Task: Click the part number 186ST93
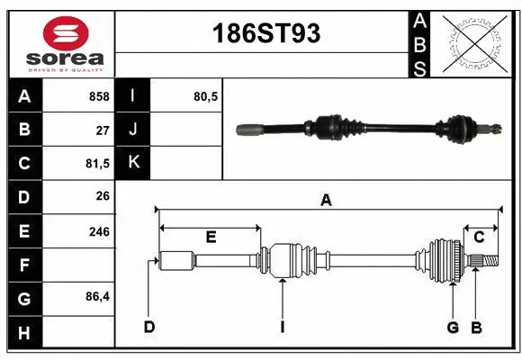pos(265,34)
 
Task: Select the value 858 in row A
pos(99,96)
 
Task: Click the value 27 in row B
pos(103,130)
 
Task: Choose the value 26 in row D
pos(103,197)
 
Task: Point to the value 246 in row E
pos(99,231)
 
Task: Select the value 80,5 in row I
pos(205,96)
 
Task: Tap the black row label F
pos(23,265)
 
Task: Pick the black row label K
pos(133,163)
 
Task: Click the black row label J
pos(133,130)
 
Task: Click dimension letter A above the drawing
pos(326,201)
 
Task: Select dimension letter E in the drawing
pos(211,237)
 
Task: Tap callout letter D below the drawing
pos(149,327)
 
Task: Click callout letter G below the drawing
pos(453,327)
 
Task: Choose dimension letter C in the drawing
pos(479,237)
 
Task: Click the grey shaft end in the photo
pos(248,130)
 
